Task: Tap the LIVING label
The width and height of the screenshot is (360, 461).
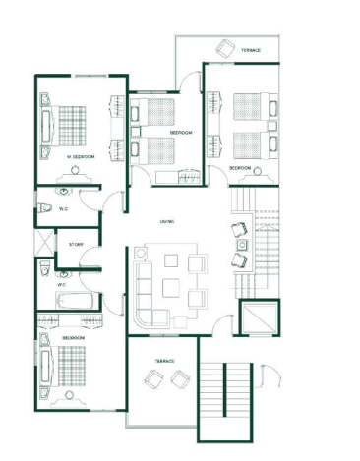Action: pos(165,222)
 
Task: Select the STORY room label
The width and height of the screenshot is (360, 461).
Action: pos(76,244)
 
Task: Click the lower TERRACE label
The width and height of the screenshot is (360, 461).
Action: pos(164,361)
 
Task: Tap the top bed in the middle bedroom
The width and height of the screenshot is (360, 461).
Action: pos(156,111)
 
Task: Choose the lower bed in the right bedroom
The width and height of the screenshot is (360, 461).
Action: pos(252,143)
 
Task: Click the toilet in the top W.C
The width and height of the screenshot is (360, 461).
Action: pos(46,207)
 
